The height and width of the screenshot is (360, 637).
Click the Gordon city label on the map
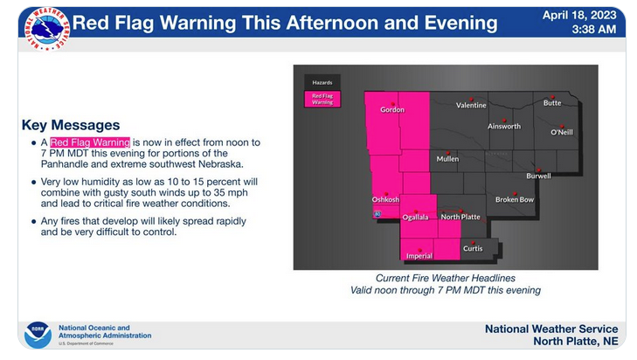click(x=392, y=110)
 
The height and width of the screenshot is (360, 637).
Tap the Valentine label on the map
click(x=471, y=105)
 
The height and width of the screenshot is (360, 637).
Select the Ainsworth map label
click(x=504, y=127)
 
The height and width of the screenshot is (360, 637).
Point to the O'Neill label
click(x=562, y=132)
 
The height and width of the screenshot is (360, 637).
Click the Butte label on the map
click(x=552, y=103)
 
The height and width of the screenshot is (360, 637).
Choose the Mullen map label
click(x=447, y=159)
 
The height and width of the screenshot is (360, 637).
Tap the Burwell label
click(x=538, y=176)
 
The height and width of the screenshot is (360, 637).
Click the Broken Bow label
click(x=515, y=199)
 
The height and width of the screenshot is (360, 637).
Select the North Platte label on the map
click(x=460, y=217)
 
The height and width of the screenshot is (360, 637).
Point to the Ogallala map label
click(x=415, y=218)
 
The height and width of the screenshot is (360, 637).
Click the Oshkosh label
click(x=385, y=199)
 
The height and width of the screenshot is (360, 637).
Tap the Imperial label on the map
click(x=419, y=256)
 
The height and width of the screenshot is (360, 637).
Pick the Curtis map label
click(x=473, y=248)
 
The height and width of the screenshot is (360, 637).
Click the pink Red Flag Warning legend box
click(x=322, y=99)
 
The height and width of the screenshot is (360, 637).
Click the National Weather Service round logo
click(x=47, y=29)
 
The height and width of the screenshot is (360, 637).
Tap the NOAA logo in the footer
click(x=38, y=335)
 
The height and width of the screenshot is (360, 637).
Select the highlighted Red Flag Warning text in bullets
click(x=90, y=142)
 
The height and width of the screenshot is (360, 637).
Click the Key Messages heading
click(x=71, y=125)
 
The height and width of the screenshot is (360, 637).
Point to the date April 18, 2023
click(x=579, y=16)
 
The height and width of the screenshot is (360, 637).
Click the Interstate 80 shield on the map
click(x=377, y=214)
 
